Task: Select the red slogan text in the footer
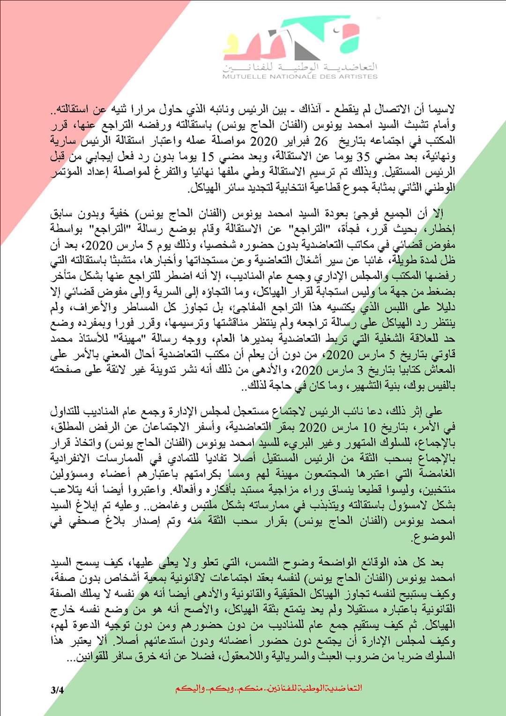coord(268,688)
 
